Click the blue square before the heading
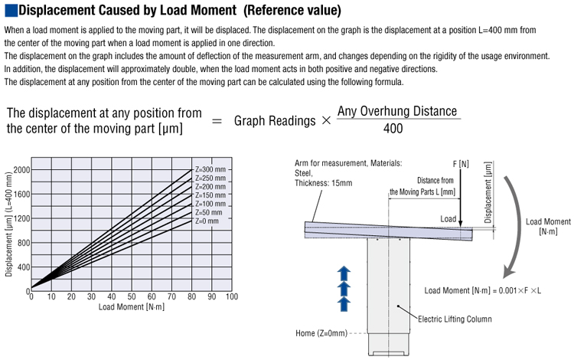click(11, 10)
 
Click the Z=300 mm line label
click(210, 169)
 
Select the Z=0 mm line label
click(207, 221)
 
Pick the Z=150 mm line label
click(210, 195)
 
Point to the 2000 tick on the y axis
click(22, 170)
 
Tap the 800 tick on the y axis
click(24, 243)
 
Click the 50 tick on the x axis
click(132, 296)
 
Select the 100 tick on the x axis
click(232, 296)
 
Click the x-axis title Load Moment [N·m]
click(132, 307)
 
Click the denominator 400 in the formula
click(393, 129)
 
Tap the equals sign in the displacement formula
click(217, 121)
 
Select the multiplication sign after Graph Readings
click(326, 120)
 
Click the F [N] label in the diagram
click(461, 164)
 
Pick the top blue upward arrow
click(344, 273)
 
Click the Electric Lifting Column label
click(455, 319)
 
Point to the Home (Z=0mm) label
click(321, 333)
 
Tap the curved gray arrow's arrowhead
click(509, 271)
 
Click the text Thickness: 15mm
click(324, 183)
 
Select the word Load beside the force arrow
click(448, 219)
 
